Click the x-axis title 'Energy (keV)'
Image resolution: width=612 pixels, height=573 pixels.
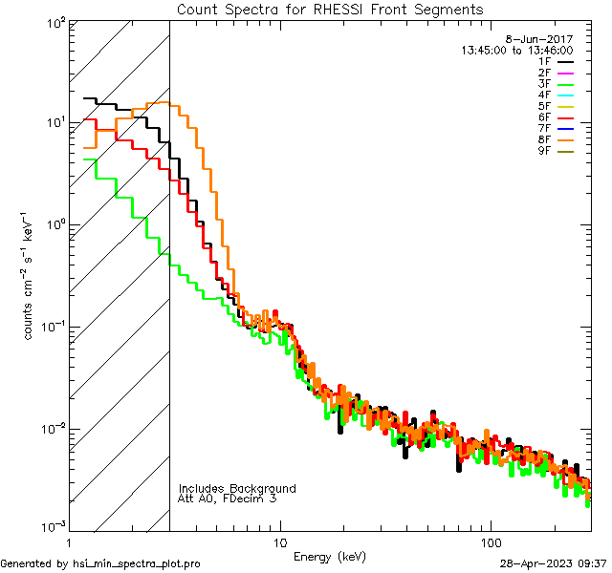tap(330, 556)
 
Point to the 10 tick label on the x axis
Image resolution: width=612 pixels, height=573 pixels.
tap(280, 541)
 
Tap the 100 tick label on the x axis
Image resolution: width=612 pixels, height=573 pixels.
tap(490, 541)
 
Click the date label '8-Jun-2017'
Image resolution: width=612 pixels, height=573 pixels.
tap(546, 39)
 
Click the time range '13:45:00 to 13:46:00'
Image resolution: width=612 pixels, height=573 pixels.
tap(516, 51)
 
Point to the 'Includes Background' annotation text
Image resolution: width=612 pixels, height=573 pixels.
tap(237, 488)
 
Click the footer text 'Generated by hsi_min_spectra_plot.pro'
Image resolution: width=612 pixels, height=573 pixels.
tap(101, 563)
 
